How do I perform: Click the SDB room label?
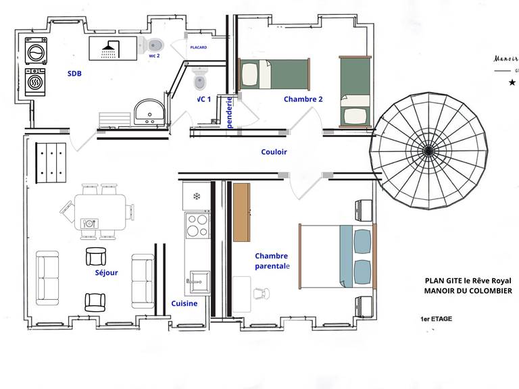click(74, 73)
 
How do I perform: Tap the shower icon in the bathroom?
click(109, 48)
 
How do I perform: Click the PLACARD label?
click(198, 48)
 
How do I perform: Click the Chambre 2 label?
click(303, 99)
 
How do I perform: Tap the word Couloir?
click(274, 152)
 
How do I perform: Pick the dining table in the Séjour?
click(99, 211)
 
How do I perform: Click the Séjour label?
click(107, 274)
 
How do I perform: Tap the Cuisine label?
click(184, 304)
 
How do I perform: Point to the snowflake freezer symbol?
click(197, 197)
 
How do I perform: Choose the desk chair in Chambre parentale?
click(260, 293)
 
